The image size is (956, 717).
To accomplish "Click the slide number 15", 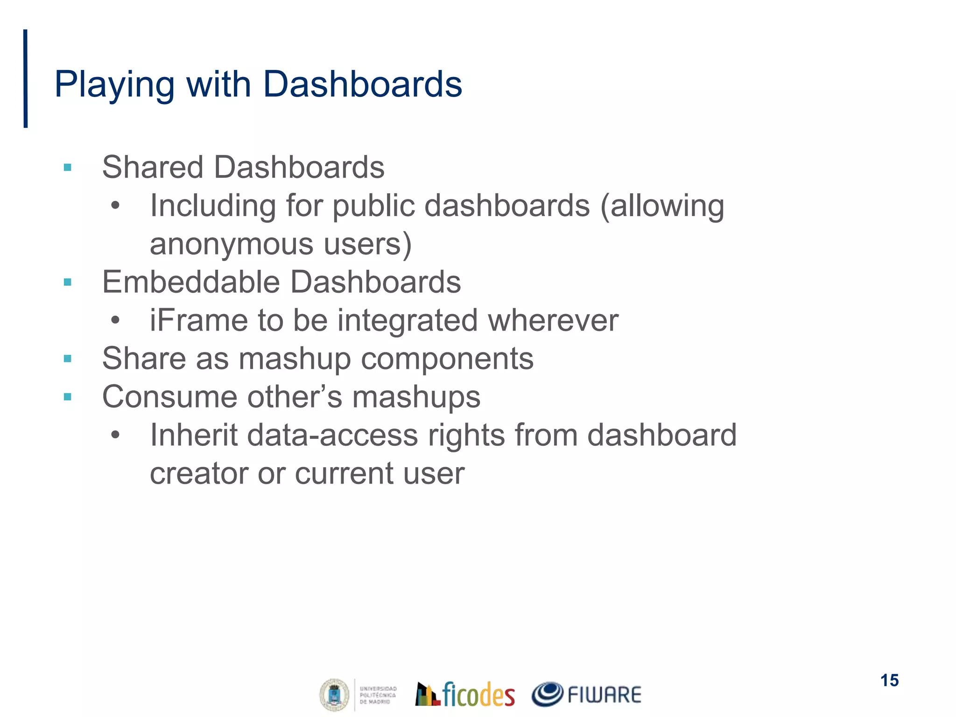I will point(890,681).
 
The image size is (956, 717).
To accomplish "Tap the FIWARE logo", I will point(586,694).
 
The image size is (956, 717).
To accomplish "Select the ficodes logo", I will point(465,694).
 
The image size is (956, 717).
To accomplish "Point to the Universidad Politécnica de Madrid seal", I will point(334,695).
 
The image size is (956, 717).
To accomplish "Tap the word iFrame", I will point(199,321).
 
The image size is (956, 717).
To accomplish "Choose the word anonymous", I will point(232,244).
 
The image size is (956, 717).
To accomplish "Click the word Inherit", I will point(194,435).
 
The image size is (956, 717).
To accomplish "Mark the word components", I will point(447,358).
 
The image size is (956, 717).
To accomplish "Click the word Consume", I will point(169,397).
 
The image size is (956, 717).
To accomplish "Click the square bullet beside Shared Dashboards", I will point(68,167).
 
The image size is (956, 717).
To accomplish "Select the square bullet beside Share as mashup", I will point(68,358).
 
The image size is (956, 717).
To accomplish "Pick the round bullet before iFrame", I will point(115,321).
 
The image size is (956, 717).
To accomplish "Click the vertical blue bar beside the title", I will point(26,78).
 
